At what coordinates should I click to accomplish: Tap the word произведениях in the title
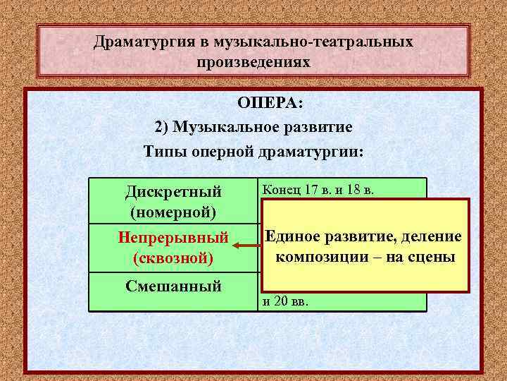pos(254,62)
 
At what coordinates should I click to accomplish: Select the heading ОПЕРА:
pos(270,104)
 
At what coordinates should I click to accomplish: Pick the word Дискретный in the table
pos(173,191)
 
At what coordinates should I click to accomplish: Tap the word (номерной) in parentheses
pos(173,211)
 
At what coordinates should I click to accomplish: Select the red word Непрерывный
pos(173,238)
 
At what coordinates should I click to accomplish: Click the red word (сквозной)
pos(173,258)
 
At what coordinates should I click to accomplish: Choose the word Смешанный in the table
pos(173,286)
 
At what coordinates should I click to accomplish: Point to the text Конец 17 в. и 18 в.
pos(318,188)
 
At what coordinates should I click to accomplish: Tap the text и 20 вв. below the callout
pos(289,302)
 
